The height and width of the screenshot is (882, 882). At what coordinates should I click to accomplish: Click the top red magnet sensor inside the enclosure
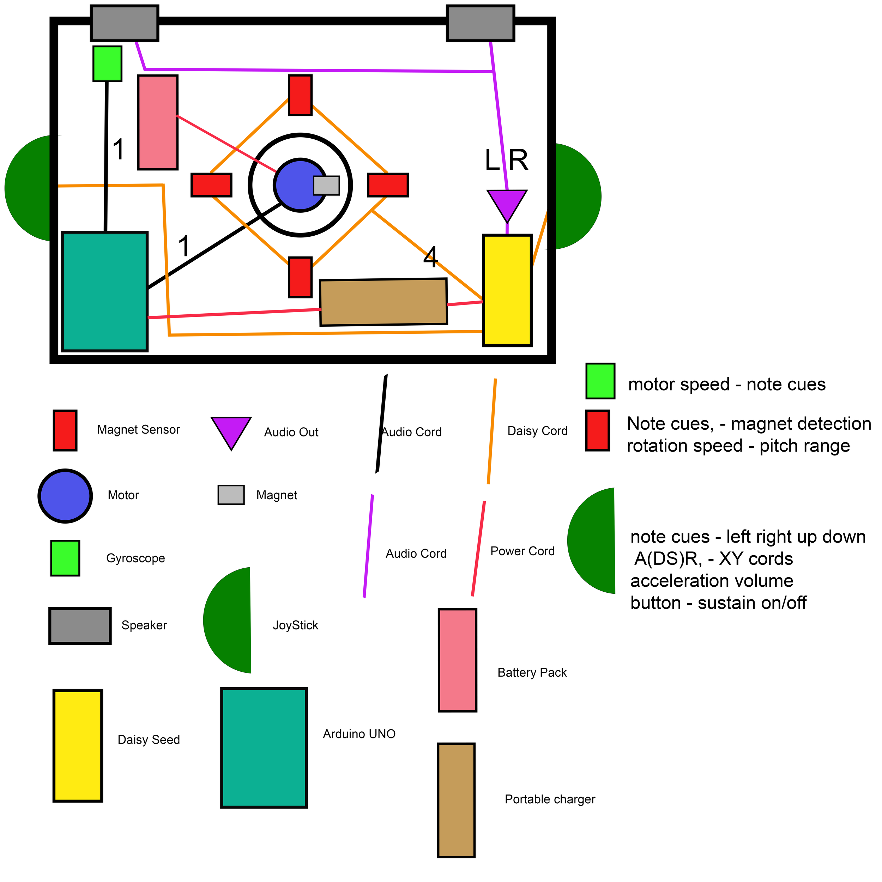pyautogui.click(x=300, y=95)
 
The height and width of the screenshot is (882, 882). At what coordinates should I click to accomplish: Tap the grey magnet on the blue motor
pyautogui.click(x=326, y=185)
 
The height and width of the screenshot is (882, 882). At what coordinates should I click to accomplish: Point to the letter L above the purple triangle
pyautogui.click(x=492, y=161)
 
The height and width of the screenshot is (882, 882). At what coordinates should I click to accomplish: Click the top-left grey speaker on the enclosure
pyautogui.click(x=124, y=23)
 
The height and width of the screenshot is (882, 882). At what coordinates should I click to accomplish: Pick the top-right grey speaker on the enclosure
pyautogui.click(x=480, y=23)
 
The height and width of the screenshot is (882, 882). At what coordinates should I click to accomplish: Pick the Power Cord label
pyautogui.click(x=522, y=551)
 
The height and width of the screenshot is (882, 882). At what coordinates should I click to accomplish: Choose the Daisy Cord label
pyautogui.click(x=537, y=431)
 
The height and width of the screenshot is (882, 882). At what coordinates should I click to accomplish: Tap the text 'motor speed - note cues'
pyautogui.click(x=727, y=385)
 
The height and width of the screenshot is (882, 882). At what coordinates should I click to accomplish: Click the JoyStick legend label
pyautogui.click(x=295, y=625)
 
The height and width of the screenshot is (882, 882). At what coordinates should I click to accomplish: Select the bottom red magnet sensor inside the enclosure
pyautogui.click(x=300, y=277)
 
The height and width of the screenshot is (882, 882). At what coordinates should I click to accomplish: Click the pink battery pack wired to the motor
pyautogui.click(x=157, y=122)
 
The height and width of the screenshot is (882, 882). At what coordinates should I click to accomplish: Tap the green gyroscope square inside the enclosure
pyautogui.click(x=107, y=64)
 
